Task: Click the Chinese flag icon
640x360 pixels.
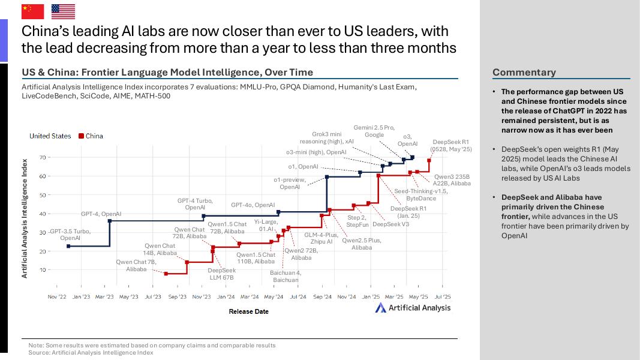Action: pos(33,11)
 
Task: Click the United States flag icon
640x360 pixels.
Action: pos(63,11)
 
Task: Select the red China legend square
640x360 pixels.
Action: pos(81,136)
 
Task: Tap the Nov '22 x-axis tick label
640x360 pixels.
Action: pos(57,296)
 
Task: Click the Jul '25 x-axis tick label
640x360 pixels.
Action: pos(443,296)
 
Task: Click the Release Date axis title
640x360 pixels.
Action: pos(248,311)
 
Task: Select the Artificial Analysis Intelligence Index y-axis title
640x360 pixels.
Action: pos(25,218)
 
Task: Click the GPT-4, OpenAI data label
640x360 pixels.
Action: pos(101,214)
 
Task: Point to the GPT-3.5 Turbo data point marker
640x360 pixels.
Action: pos(68,246)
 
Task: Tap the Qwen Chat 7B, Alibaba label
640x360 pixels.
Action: pos(136,266)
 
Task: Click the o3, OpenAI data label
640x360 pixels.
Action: pos(407,140)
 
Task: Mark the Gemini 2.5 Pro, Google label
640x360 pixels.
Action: pos(374,131)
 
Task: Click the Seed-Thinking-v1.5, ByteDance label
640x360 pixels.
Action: pos(421,194)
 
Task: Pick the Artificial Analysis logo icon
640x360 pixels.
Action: pos(381,308)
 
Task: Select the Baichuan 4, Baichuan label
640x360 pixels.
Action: pos(286,277)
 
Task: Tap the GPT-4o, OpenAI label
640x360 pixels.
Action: pos(253,205)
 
